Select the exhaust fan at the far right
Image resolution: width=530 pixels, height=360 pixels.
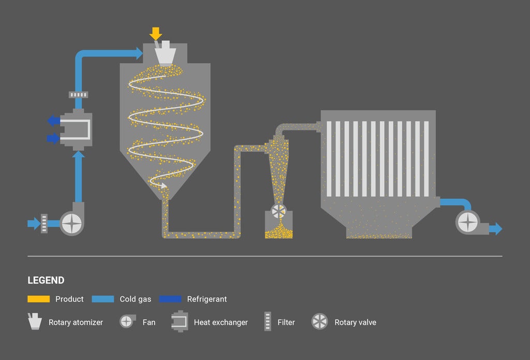coord(468,223)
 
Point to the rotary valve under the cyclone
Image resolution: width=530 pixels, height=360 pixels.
coord(278,211)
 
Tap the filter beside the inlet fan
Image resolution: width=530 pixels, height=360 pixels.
coord(45,223)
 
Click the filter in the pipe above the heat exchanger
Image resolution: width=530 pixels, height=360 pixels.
coord(78,95)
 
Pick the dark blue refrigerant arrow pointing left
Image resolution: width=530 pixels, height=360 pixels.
coord(53,121)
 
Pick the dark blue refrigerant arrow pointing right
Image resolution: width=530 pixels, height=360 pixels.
coord(53,138)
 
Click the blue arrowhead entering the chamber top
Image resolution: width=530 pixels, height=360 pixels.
coord(138,53)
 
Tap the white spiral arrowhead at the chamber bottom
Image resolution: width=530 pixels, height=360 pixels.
coord(164,185)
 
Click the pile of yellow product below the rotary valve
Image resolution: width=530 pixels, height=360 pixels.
coord(278,232)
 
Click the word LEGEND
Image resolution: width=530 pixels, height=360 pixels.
coord(46,280)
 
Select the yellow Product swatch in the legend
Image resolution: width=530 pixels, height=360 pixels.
coord(39,299)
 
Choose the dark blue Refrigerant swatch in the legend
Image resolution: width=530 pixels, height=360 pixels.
coord(170,299)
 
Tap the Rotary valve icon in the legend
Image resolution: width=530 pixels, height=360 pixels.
coord(319,322)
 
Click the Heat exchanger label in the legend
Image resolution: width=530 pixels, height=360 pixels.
coord(220,322)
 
